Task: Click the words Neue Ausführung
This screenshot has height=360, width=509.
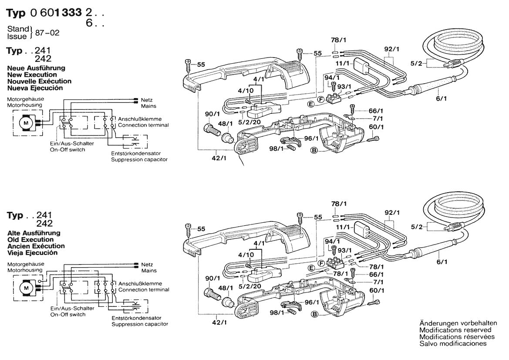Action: [36, 68]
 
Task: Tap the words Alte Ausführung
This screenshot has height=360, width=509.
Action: [34, 233]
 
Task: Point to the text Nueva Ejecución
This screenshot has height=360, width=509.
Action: [35, 88]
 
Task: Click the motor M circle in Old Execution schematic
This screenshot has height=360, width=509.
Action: [26, 288]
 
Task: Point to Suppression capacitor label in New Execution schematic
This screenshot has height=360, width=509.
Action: [139, 160]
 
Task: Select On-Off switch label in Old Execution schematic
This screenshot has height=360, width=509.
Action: [67, 314]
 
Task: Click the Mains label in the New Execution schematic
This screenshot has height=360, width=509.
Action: [148, 106]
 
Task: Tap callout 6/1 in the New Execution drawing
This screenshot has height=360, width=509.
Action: [441, 98]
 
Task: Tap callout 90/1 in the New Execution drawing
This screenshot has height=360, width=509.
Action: [212, 114]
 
